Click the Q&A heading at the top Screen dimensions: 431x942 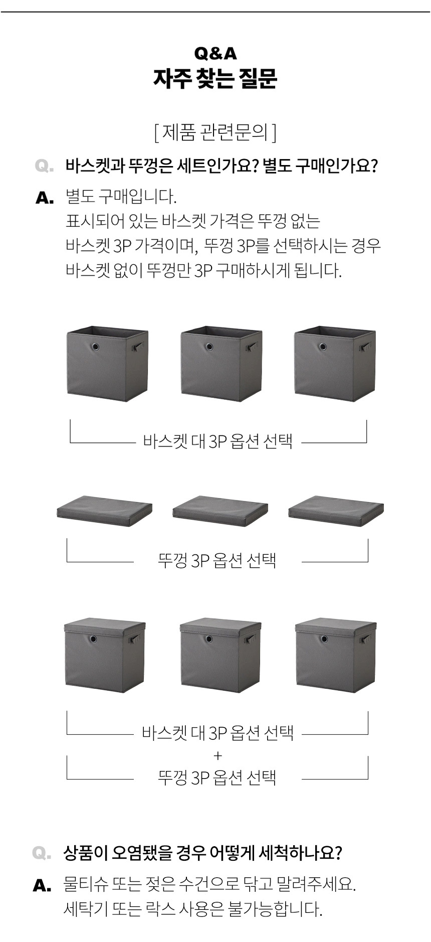215,53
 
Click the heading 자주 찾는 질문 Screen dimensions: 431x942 215,79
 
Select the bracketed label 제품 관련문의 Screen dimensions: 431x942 215,132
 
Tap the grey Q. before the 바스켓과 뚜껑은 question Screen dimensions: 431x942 45,166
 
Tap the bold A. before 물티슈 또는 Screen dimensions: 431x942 42,886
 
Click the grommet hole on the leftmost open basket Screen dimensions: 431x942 96,347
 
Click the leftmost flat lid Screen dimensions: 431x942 104,511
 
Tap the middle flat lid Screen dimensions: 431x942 220,511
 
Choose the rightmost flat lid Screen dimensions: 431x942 336,511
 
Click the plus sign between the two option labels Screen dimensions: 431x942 218,755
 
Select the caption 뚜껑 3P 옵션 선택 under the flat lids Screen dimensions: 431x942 217,560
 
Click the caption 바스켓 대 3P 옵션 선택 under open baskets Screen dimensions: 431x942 218,441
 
